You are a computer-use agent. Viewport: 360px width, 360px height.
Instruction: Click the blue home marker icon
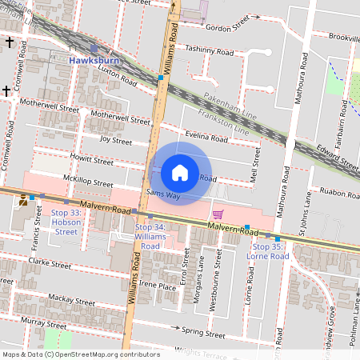point(180,173)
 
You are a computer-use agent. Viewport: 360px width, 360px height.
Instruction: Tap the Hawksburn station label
point(94,60)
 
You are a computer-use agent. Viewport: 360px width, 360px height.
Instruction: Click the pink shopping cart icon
point(218,214)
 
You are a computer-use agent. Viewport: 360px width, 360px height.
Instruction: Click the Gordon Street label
point(228,27)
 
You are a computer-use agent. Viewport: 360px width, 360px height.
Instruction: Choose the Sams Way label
point(163,194)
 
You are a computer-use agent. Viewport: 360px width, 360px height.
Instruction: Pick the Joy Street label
point(115,140)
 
